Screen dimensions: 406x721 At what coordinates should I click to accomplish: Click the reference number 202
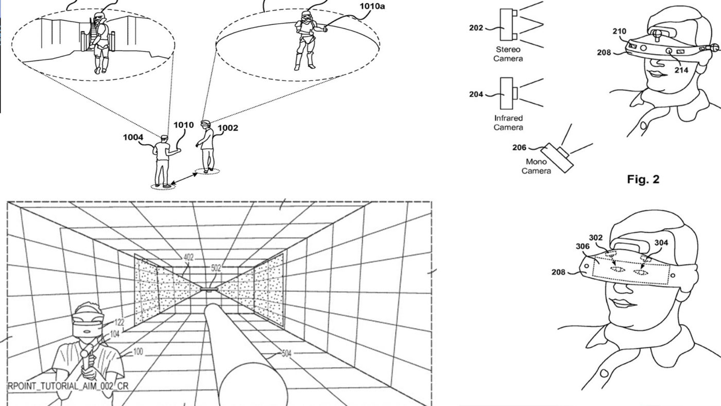[x=476, y=28]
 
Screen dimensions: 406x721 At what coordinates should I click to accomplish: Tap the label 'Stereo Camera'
[x=508, y=54]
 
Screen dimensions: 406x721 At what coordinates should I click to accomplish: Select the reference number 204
[x=476, y=94]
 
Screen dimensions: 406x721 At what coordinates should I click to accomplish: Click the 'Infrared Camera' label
[x=508, y=123]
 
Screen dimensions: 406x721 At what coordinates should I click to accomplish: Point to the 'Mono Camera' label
[x=536, y=166]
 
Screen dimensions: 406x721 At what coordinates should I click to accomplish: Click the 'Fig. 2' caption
[x=643, y=179]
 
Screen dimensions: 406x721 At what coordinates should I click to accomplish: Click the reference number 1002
[x=228, y=128]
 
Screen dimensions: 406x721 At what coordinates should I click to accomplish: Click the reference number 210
[x=619, y=31]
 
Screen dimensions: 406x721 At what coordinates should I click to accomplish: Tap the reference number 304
[x=661, y=243]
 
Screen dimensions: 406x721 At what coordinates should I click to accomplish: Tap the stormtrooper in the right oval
[x=305, y=39]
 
